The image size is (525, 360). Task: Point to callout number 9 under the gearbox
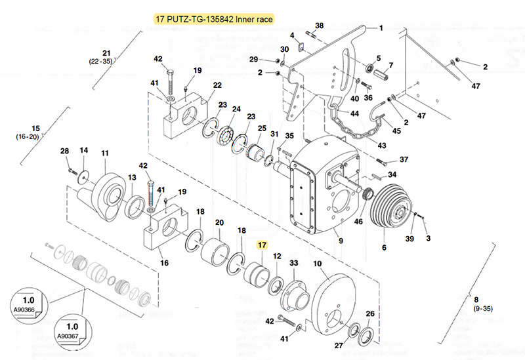[341, 241]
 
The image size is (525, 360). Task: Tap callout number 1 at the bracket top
[380, 28]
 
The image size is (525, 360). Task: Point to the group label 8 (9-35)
[486, 303]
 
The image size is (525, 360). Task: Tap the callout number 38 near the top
[319, 26]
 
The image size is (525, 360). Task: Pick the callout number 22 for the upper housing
[217, 85]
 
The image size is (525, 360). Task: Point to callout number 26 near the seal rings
[370, 314]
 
